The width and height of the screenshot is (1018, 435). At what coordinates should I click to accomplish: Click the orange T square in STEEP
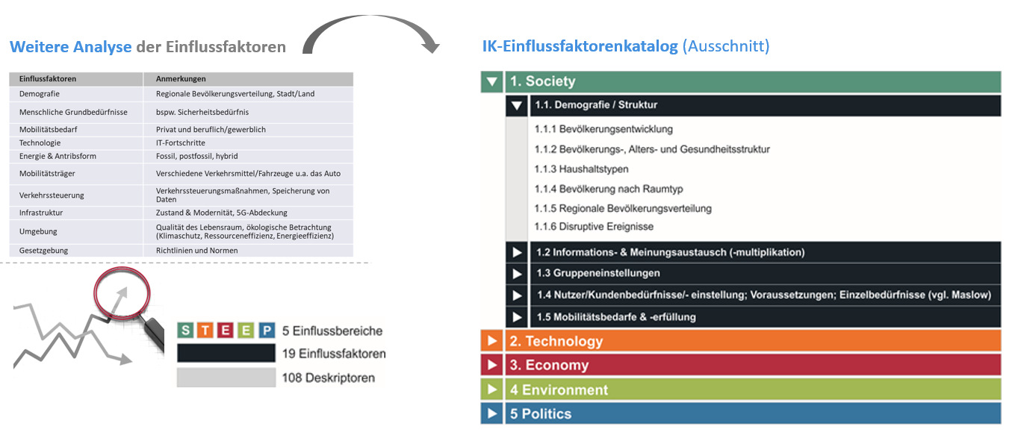click(x=205, y=330)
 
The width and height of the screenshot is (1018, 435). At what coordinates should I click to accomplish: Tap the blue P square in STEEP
click(x=267, y=330)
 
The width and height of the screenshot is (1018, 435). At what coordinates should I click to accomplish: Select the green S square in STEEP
click(x=185, y=330)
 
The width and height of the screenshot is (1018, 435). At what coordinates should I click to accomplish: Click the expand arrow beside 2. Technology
click(x=491, y=340)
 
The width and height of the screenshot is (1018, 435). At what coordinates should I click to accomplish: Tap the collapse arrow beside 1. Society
click(x=491, y=82)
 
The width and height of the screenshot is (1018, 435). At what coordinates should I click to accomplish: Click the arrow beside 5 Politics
click(x=491, y=413)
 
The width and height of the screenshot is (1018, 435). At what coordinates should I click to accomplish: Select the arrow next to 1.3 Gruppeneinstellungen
click(x=517, y=274)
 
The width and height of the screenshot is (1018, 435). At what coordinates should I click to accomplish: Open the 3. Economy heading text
click(x=549, y=365)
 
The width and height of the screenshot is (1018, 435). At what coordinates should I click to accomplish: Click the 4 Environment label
click(x=559, y=389)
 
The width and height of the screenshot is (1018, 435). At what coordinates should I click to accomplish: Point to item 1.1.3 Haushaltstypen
click(x=581, y=169)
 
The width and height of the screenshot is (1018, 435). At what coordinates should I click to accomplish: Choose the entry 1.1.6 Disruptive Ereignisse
click(x=594, y=226)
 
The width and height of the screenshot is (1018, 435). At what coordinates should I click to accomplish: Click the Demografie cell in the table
click(x=40, y=94)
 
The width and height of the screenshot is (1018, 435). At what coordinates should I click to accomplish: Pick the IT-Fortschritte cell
click(x=181, y=143)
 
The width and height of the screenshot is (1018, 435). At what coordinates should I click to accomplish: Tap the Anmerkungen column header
click(x=181, y=78)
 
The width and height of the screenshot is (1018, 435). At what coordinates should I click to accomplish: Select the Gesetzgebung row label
click(x=43, y=250)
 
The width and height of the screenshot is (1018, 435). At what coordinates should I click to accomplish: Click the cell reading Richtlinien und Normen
click(x=196, y=250)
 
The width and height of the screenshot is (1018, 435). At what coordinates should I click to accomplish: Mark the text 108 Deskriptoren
click(x=328, y=378)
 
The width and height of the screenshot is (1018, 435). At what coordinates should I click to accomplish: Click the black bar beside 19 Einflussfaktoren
click(x=226, y=353)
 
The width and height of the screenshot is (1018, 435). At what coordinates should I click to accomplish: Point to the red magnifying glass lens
click(x=122, y=293)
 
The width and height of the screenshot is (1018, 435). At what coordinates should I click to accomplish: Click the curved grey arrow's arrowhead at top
click(x=430, y=46)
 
